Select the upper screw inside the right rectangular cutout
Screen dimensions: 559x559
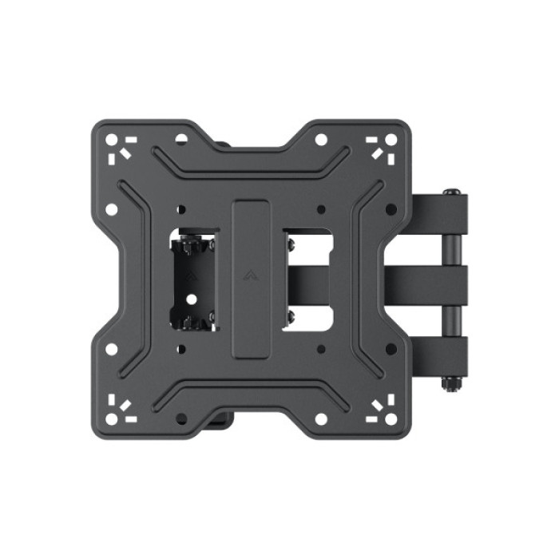(290, 239)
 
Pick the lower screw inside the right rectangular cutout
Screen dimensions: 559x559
(290, 319)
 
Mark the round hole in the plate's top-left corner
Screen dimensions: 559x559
(112, 140)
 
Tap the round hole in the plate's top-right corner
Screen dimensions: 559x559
(391, 140)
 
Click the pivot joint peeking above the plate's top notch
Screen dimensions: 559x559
(224, 145)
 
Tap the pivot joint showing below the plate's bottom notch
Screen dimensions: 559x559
(224, 414)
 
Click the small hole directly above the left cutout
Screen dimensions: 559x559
(181, 210)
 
